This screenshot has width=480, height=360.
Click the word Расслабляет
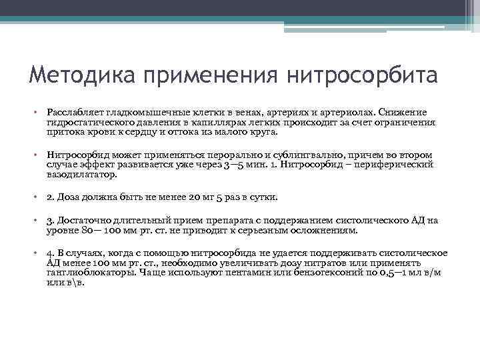75,112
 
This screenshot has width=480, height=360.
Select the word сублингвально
293,155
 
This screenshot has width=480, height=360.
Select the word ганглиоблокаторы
89,272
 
